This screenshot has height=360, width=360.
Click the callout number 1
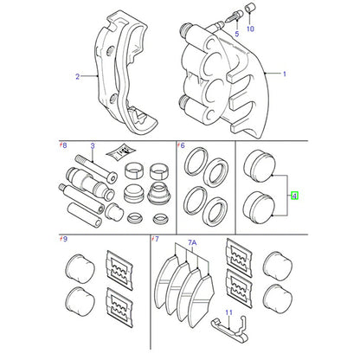point(285,74)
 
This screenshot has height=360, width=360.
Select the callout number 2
point(77,77)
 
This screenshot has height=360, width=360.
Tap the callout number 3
point(93,145)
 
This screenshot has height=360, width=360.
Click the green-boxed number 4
point(294,196)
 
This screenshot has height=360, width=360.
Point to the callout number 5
point(237,34)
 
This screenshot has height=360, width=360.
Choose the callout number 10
point(250,29)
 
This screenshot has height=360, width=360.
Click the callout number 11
point(228,312)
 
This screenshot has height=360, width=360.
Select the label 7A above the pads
point(192,243)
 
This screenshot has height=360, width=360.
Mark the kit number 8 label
point(63,145)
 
